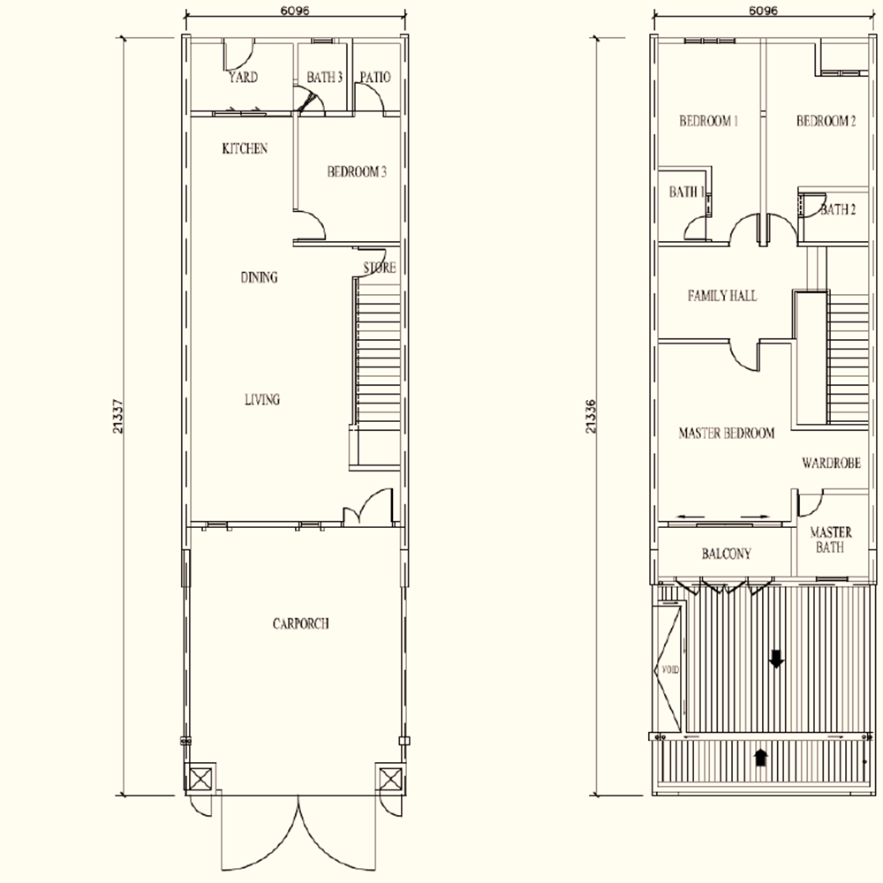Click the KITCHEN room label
point(245,148)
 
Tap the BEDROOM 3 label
point(357,172)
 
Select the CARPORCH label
point(301,624)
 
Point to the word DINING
point(259,277)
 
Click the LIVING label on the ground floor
point(262,399)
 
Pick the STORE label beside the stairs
point(380,268)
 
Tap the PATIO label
point(375,77)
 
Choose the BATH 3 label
point(324,77)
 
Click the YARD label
point(244,77)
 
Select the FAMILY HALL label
point(722,296)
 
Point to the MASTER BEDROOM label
point(727,433)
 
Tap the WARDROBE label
point(831,464)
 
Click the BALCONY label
point(727,555)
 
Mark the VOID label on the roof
point(670,670)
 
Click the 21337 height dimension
point(118,416)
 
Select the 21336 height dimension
point(591,416)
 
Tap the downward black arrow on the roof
point(776,659)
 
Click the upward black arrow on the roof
point(761,757)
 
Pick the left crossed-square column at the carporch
point(200,780)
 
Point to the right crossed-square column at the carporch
point(389,780)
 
